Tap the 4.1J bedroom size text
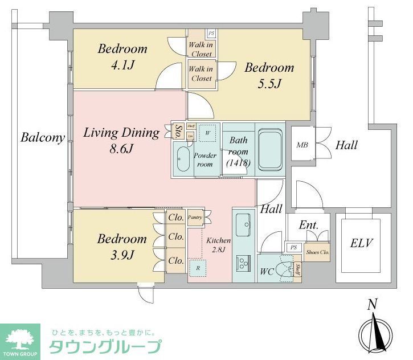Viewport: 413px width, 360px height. click(122, 65)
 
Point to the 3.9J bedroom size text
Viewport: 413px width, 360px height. click(122, 255)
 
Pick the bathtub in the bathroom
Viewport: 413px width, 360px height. click(271, 149)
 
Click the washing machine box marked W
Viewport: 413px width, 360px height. click(208, 133)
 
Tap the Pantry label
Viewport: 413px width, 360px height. click(195, 218)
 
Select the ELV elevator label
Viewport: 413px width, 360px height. click(361, 244)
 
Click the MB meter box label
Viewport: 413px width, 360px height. click(302, 145)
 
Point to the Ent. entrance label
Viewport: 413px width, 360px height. click(308, 225)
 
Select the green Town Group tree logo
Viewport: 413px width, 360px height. click(20, 341)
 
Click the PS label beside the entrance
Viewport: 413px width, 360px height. click(293, 247)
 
